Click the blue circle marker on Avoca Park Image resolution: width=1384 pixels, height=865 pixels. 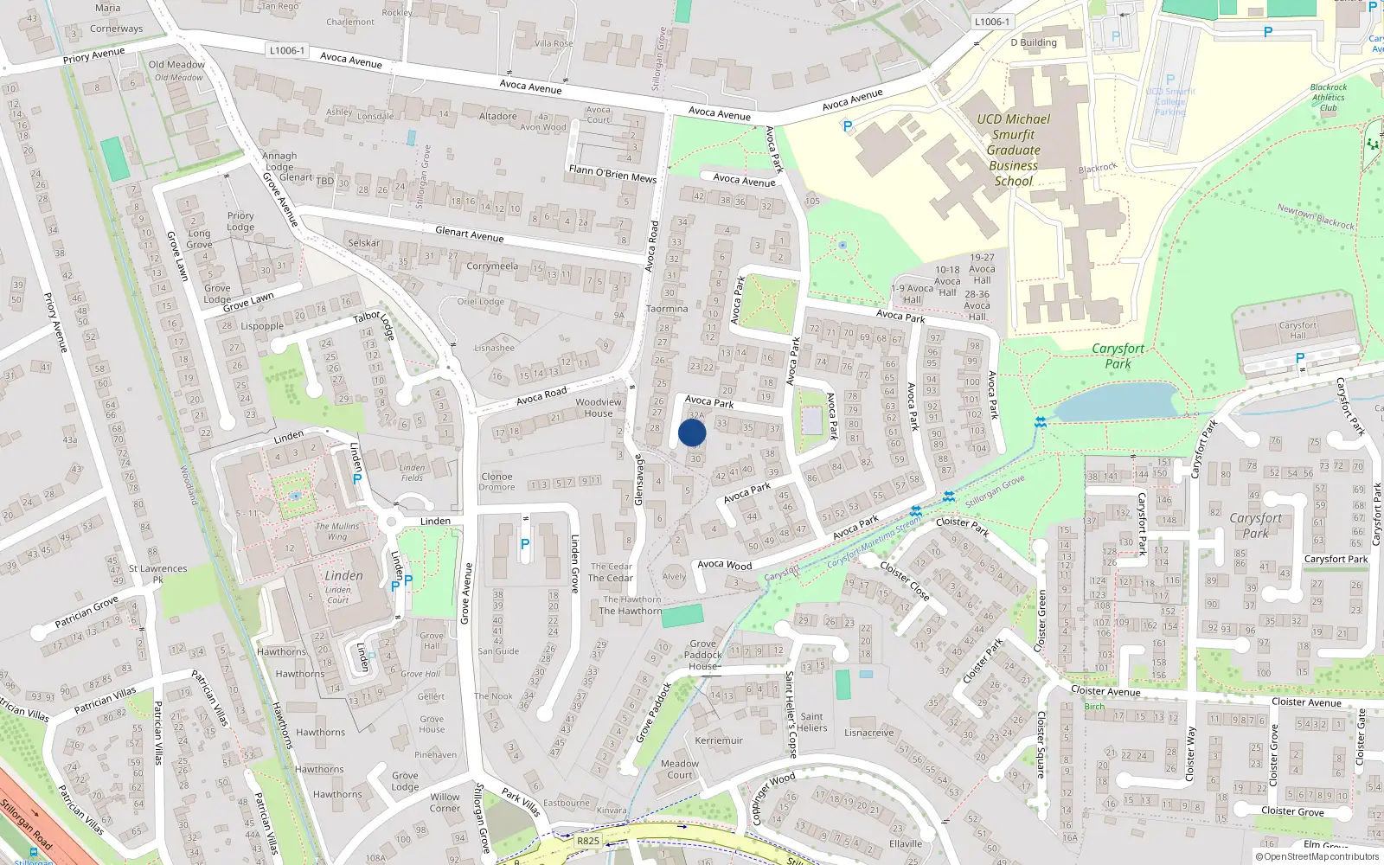(x=692, y=432)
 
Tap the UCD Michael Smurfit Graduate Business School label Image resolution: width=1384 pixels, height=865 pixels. (x=1013, y=150)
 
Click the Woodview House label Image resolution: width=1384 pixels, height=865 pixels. (x=599, y=407)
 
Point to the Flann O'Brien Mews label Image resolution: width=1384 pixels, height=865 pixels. (x=612, y=174)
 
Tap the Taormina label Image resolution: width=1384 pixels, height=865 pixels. (x=667, y=309)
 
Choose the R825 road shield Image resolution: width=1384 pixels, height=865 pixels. (x=588, y=840)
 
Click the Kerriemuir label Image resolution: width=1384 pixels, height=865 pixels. (x=719, y=740)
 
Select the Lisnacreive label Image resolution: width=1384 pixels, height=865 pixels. (x=869, y=733)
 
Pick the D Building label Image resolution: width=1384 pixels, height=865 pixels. (x=1034, y=42)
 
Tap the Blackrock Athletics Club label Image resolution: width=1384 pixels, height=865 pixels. (x=1329, y=97)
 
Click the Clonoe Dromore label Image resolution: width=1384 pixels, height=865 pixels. (x=497, y=482)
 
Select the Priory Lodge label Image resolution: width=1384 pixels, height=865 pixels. (x=240, y=221)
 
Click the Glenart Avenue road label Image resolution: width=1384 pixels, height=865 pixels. (x=469, y=234)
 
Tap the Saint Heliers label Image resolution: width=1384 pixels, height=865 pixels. (x=811, y=721)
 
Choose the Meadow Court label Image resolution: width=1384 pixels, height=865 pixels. (x=680, y=769)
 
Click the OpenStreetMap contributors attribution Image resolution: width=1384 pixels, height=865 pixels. (x=1317, y=856)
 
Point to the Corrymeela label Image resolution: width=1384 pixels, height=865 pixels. (x=492, y=266)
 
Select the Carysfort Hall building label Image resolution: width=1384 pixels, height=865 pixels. (x=1297, y=330)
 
